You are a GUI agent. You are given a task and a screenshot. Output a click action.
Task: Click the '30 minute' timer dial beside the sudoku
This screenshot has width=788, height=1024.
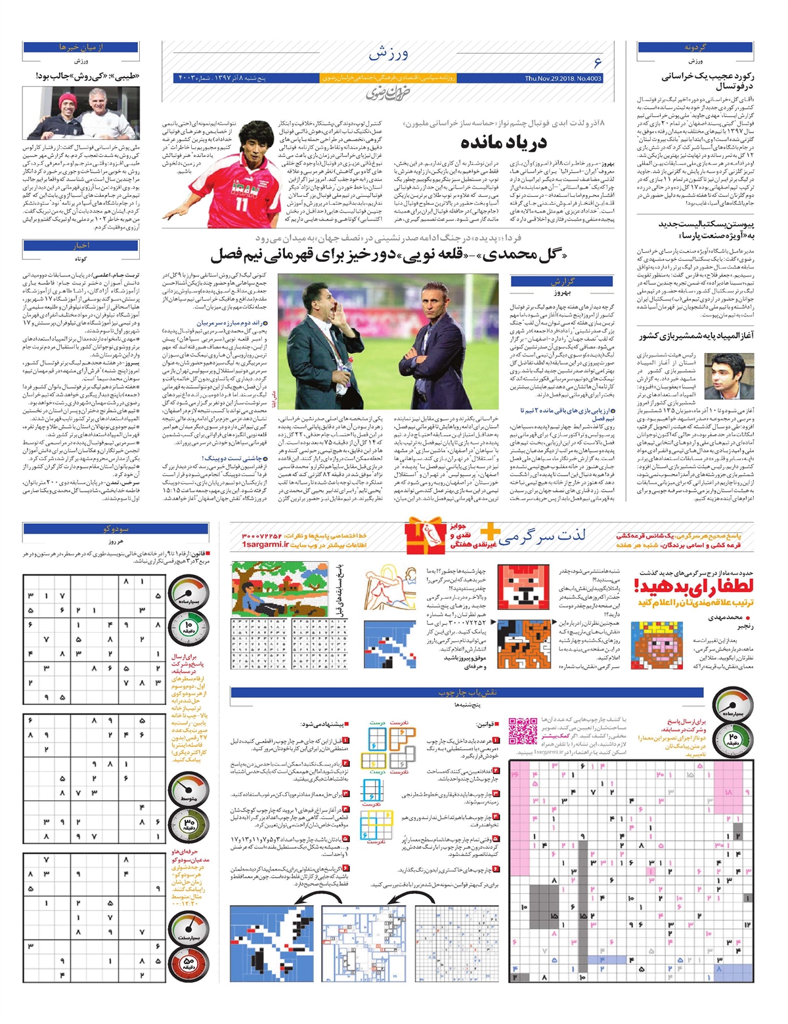tap(188, 821)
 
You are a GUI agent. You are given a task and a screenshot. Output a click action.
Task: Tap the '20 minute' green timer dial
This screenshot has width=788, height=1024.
tap(733, 736)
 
